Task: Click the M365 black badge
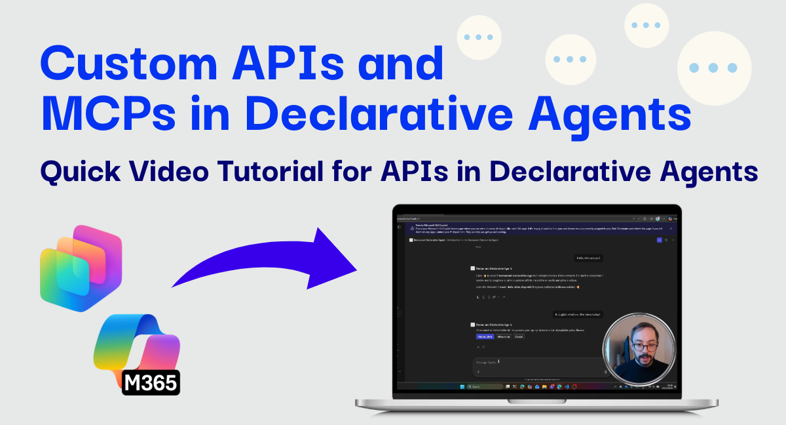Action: click(x=151, y=382)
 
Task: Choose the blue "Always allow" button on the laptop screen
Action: click(x=485, y=336)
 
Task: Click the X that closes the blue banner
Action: click(x=671, y=228)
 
